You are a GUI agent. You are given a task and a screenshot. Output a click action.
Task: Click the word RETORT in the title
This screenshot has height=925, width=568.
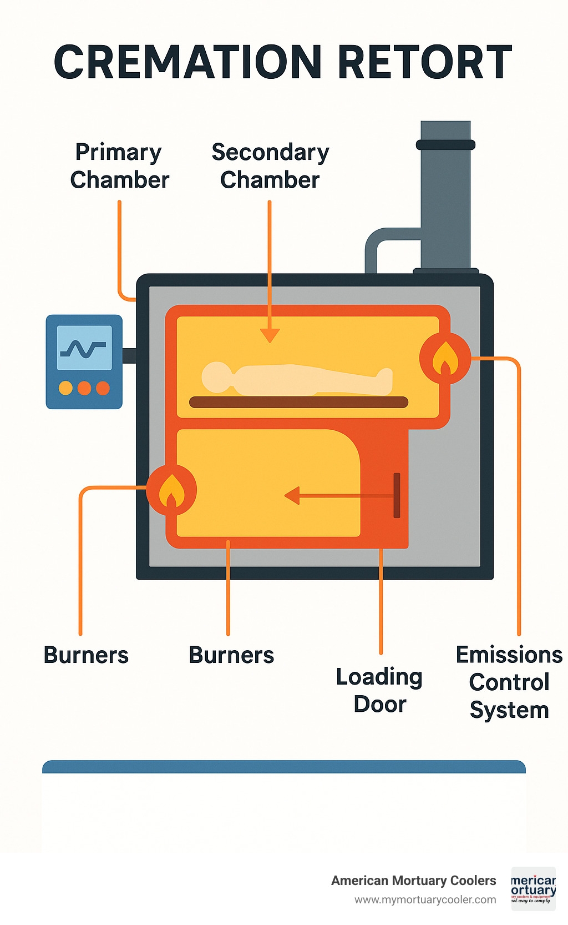click(424, 62)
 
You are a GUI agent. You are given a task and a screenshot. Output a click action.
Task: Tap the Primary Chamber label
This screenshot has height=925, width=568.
click(119, 165)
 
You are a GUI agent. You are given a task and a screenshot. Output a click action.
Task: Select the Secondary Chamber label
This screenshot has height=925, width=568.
click(270, 165)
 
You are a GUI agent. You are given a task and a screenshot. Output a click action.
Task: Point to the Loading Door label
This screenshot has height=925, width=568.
click(380, 690)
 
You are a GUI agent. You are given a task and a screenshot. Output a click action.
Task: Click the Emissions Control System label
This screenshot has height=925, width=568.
click(509, 682)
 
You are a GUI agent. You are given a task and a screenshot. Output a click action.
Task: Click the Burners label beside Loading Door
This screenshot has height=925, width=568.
click(231, 655)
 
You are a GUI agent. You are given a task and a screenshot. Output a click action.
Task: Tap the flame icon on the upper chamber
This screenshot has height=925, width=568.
click(445, 358)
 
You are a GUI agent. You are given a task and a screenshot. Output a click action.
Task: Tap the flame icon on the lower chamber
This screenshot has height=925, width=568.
click(171, 490)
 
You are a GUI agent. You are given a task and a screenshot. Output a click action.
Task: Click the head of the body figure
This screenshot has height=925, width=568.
click(217, 377)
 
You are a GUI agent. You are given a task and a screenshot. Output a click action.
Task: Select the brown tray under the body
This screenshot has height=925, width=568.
click(298, 402)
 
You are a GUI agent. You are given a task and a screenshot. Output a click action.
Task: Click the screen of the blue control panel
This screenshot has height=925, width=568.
click(84, 348)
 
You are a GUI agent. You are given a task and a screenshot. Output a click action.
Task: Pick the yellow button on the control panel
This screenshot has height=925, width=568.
click(65, 388)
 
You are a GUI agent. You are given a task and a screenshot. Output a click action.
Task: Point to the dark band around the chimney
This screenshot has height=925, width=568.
click(445, 145)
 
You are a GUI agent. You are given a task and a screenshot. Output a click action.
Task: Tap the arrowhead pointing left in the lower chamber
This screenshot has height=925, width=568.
click(292, 495)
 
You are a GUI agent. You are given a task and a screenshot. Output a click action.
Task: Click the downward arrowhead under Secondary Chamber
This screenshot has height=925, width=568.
click(270, 335)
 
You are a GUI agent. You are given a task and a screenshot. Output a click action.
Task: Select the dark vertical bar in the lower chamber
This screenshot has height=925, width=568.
click(397, 495)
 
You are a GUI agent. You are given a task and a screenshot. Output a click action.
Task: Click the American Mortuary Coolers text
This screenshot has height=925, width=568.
click(413, 881)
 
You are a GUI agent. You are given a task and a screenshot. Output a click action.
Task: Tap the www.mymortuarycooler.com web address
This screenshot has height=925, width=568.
click(425, 899)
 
